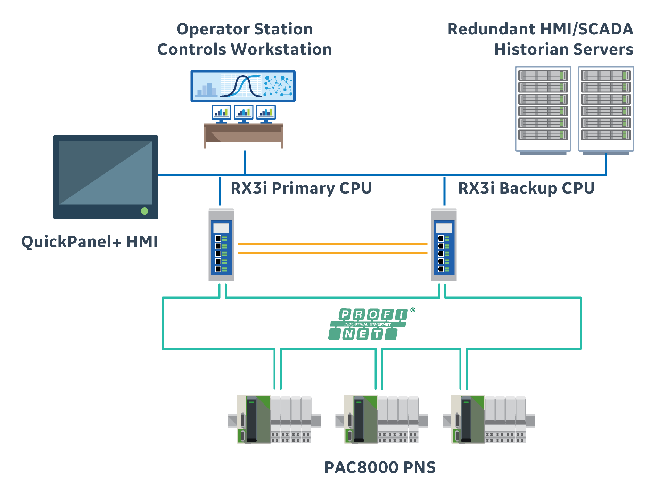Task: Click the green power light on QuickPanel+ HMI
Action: point(145,211)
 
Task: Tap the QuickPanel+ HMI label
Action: point(90,242)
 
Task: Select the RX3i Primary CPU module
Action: point(221,245)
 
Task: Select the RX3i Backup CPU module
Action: point(444,245)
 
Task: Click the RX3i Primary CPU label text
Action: point(301,188)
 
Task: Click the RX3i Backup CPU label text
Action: point(526,188)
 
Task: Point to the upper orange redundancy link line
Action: point(332,244)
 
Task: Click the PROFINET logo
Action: point(368,324)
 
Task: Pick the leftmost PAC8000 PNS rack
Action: point(274,419)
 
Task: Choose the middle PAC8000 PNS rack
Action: point(381,419)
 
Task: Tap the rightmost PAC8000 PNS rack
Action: point(489,419)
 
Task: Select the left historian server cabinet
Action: point(543,109)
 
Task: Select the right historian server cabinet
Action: point(606,109)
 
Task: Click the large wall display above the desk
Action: point(243,86)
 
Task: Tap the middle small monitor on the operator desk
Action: point(243,112)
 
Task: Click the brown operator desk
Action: point(243,133)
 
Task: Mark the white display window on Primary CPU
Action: point(221,228)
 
